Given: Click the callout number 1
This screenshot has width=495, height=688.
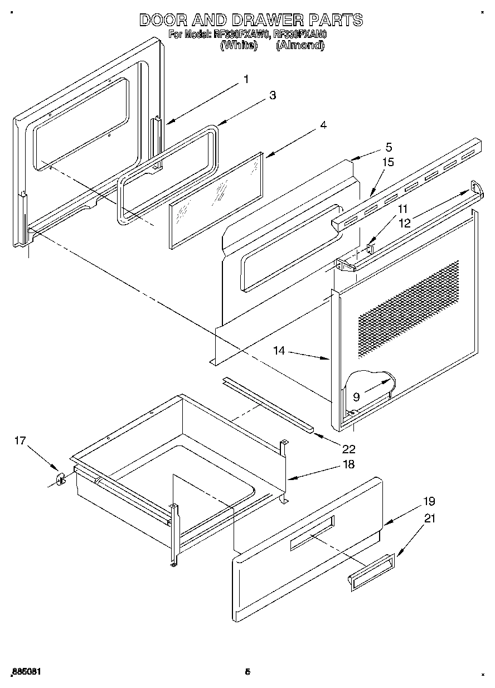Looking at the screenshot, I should coord(246,79).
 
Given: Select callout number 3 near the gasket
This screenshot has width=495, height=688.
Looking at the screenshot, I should coord(272,95).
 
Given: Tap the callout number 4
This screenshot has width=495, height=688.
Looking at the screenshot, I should coord(323,125).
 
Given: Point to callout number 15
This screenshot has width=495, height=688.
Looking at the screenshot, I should coord(388,162).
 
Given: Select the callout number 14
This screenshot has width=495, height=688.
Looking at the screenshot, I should coord(279,351).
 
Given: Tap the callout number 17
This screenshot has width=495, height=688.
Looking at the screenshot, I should coord(20,441).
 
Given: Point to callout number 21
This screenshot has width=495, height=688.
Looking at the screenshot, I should coord(430,519).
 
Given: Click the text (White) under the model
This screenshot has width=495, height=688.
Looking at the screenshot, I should coord(239,46).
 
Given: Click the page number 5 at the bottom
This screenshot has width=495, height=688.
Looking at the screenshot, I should coord(247,672).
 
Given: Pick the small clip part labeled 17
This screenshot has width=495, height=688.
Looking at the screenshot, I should coord(61,478).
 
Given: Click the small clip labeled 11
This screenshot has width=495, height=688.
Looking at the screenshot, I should coord(371,246).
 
